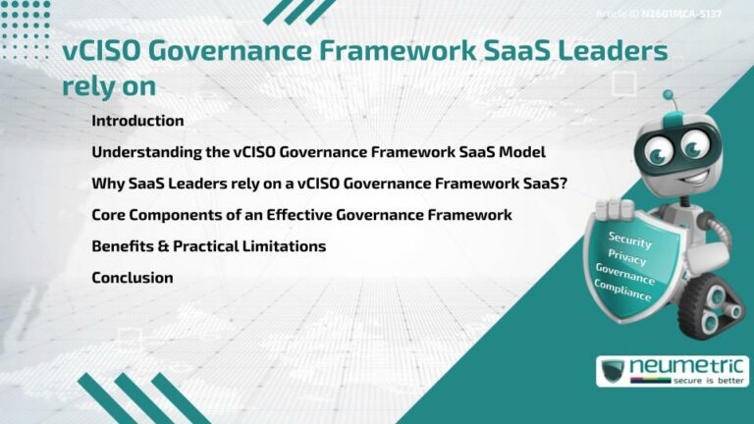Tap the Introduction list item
point(137,121)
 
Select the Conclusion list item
point(133,278)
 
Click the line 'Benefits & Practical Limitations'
point(208,246)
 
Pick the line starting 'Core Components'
point(301,215)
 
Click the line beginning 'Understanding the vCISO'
point(318,152)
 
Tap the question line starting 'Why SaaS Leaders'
point(329,184)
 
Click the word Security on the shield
point(629,239)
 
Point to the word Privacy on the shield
point(627,257)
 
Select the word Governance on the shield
point(624,274)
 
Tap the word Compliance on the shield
point(622,291)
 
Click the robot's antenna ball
point(669,96)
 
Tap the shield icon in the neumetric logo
point(614,372)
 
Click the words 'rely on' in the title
point(109,85)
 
